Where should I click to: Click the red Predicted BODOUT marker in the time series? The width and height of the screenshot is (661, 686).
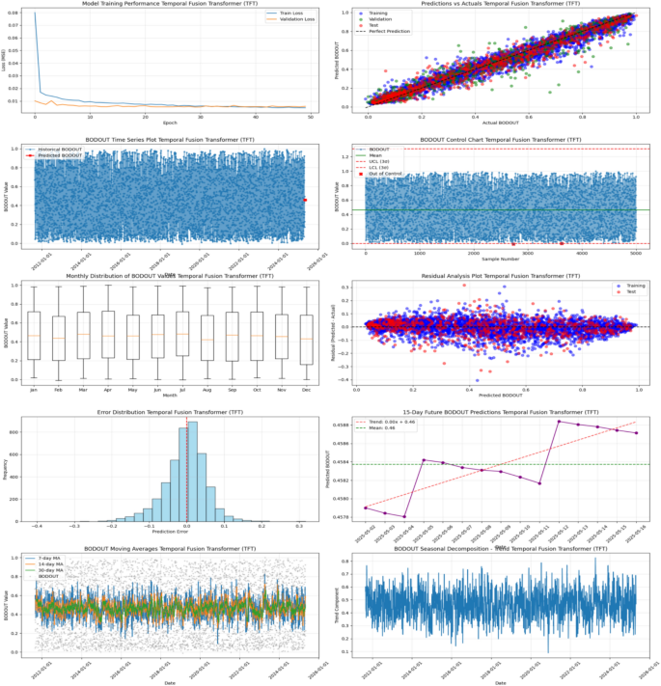[x=305, y=200]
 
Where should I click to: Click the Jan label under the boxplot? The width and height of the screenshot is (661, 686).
[x=35, y=392]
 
